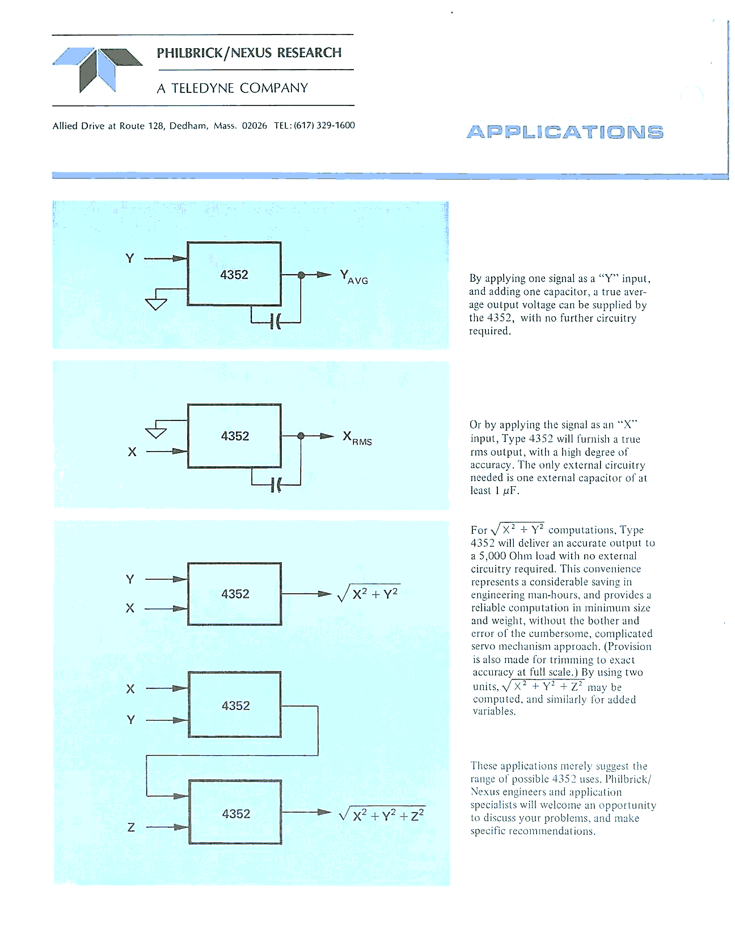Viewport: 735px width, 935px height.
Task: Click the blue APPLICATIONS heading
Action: tap(565, 132)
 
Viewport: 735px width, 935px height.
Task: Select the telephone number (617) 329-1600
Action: tap(324, 125)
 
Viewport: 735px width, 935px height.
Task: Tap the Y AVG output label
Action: tap(354, 277)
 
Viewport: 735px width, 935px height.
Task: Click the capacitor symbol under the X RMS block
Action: tap(276, 484)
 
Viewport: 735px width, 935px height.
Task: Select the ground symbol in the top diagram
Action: tap(157, 303)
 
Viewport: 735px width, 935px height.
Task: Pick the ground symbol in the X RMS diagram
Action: tap(157, 432)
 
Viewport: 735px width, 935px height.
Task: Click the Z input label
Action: tap(131, 827)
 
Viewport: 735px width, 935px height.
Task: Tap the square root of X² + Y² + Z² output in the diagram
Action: tap(382, 815)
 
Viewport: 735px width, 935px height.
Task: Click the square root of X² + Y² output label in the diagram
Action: tap(369, 593)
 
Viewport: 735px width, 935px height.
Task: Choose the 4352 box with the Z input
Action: tap(235, 813)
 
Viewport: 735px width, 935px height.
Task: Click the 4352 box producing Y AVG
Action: tap(234, 274)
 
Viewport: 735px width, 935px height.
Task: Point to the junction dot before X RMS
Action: tap(301, 436)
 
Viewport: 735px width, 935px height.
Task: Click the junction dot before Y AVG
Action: tap(301, 275)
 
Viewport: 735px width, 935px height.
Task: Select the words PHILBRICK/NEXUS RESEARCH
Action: tap(249, 53)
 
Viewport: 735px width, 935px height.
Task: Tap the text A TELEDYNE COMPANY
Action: tap(233, 88)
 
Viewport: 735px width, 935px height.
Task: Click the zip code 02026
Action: tap(254, 126)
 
